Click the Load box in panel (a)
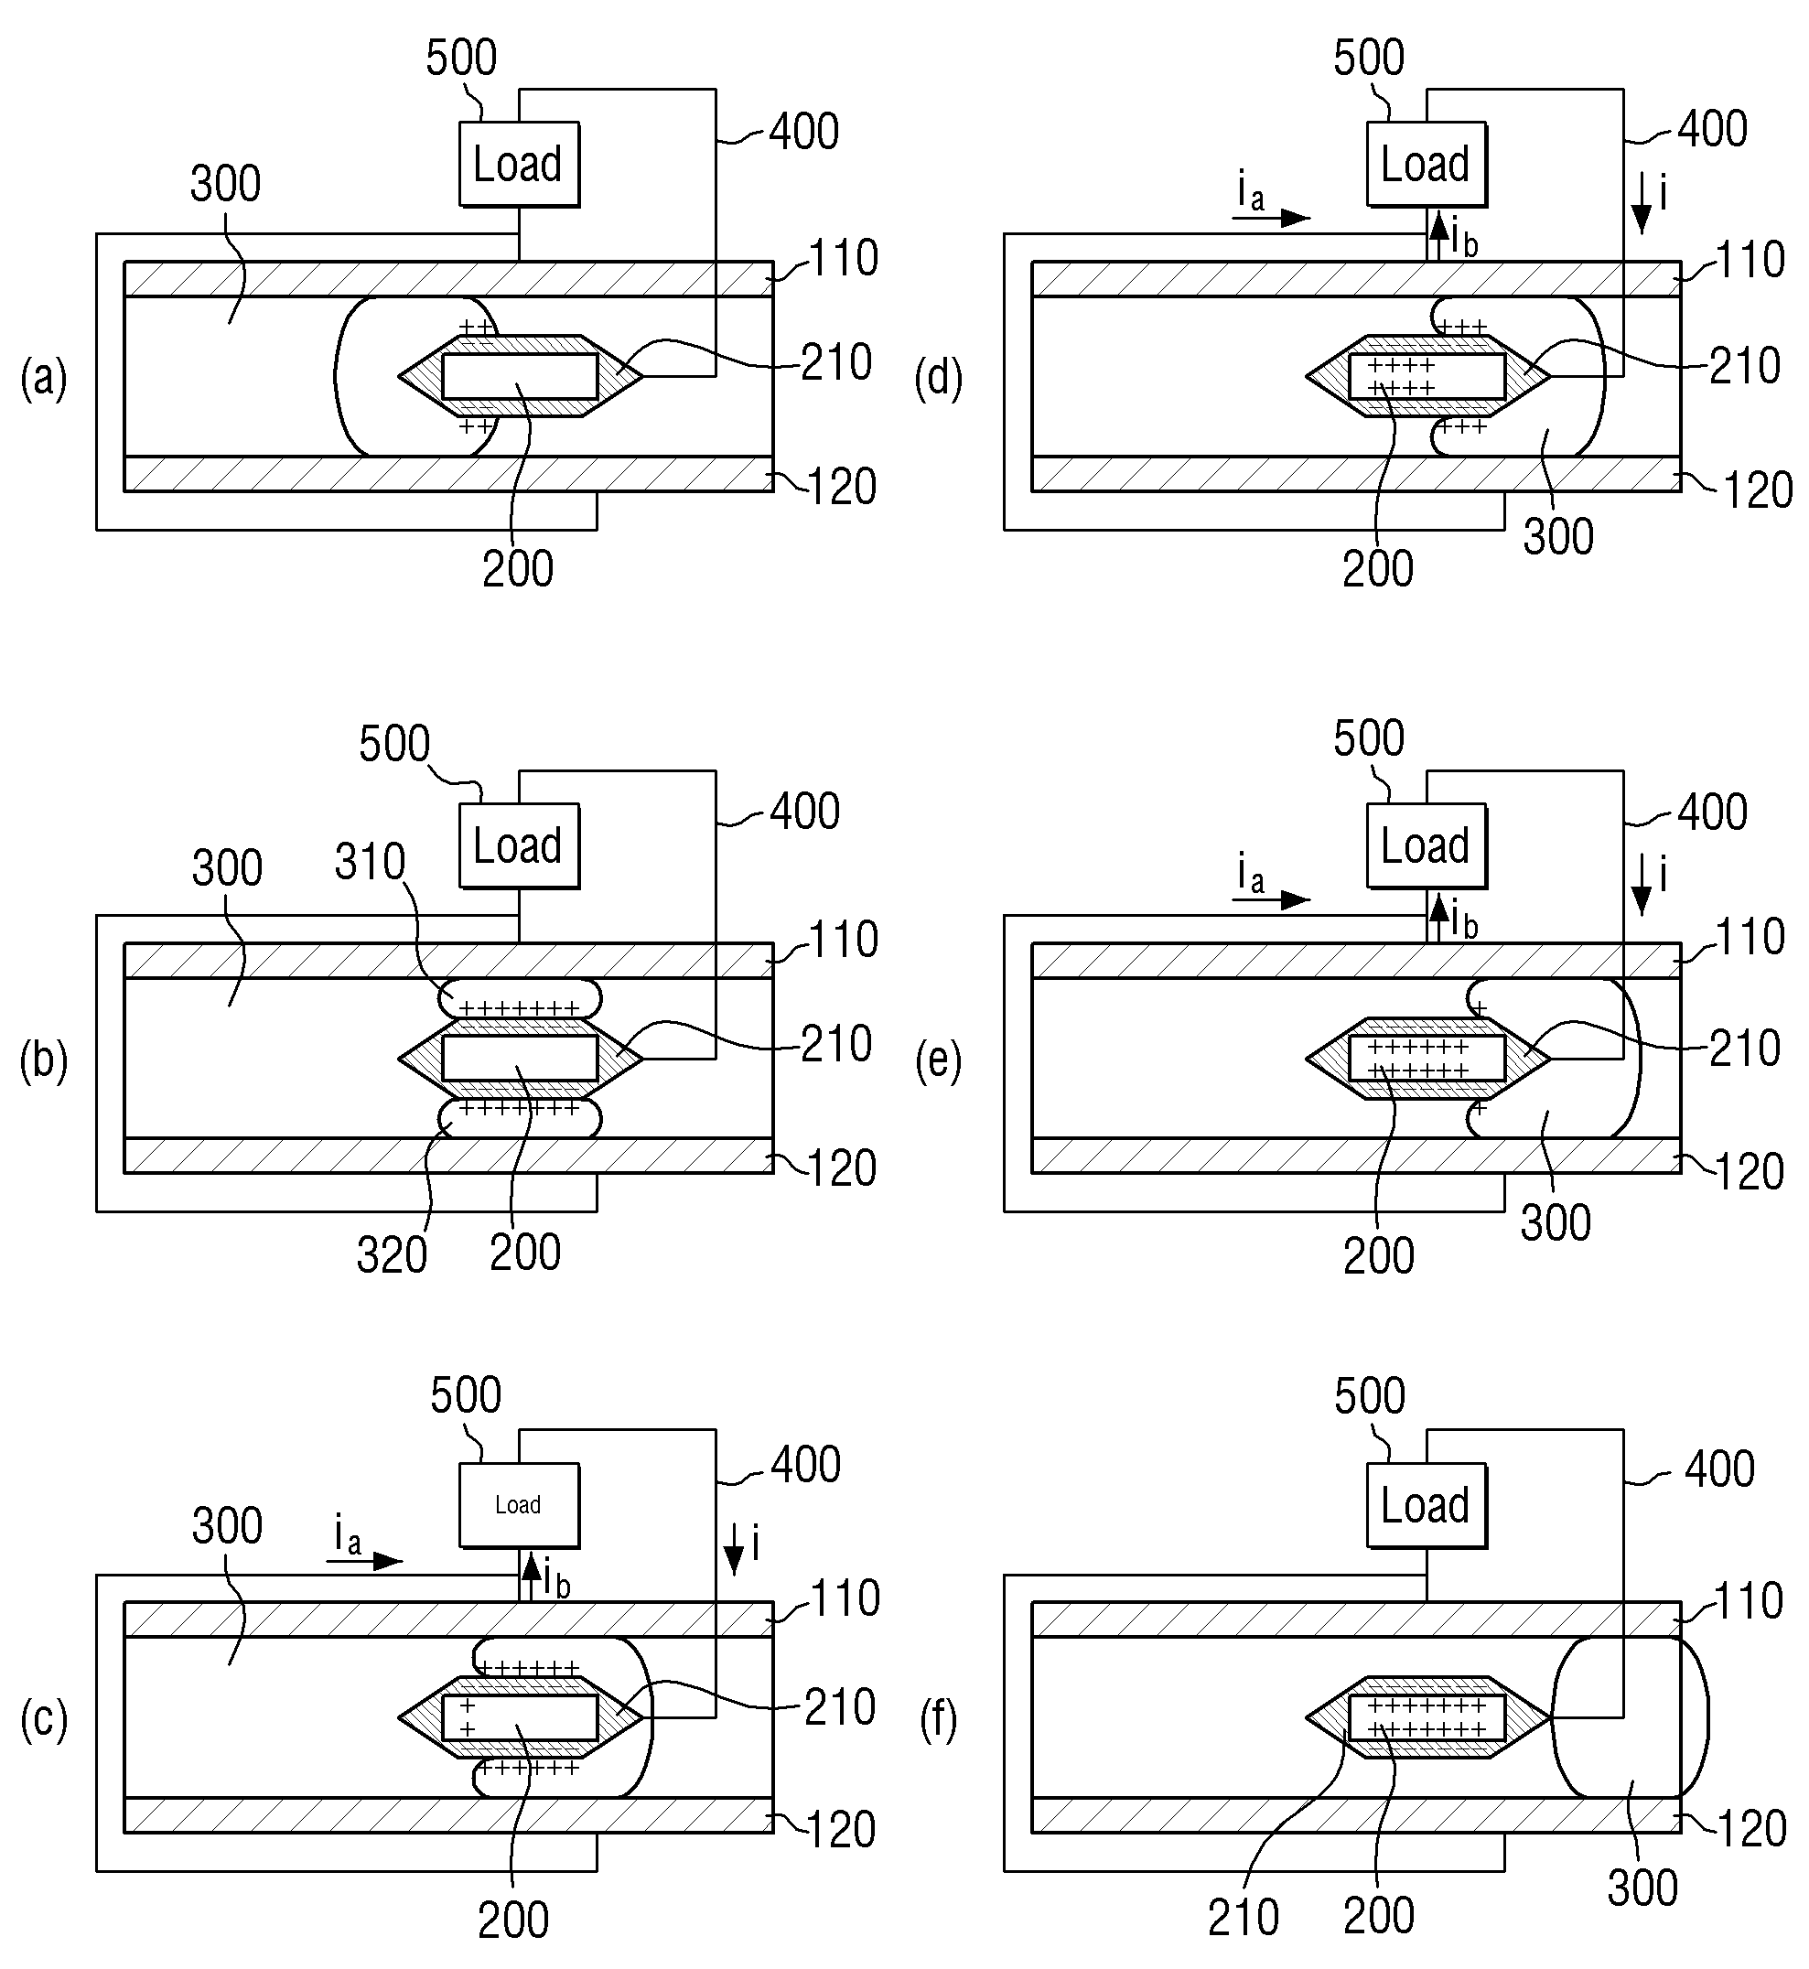[519, 164]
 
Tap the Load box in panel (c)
[519, 1505]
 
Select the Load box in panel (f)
[1427, 1505]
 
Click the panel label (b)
[44, 1060]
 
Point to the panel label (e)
[939, 1060]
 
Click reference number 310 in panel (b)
[370, 862]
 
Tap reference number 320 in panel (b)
[392, 1254]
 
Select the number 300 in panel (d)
[1558, 537]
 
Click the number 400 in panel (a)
[803, 131]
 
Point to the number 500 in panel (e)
[1370, 737]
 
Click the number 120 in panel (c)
[841, 1830]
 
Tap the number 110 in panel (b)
[844, 940]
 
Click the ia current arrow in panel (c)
[364, 1561]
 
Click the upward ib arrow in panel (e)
[1438, 919]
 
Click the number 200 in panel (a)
[518, 568]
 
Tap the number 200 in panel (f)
[1379, 1916]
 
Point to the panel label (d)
[939, 379]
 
